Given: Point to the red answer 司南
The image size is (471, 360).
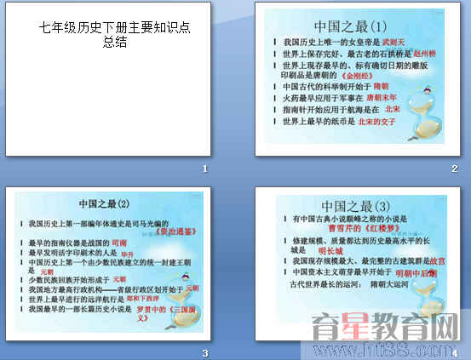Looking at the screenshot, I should (x=119, y=243).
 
